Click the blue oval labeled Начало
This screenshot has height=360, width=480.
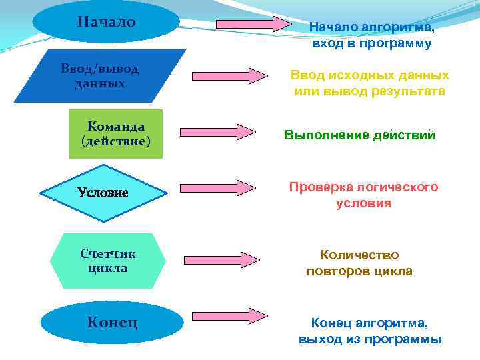(106, 22)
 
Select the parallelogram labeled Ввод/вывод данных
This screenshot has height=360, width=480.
(100, 76)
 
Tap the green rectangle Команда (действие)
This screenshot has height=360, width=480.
(116, 134)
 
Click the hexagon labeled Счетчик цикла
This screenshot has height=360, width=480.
(108, 261)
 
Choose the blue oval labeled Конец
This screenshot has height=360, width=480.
(111, 323)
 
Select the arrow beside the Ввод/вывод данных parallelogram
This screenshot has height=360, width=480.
(229, 75)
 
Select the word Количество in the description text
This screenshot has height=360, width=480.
(359, 255)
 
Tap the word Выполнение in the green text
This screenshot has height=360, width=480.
(319, 135)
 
